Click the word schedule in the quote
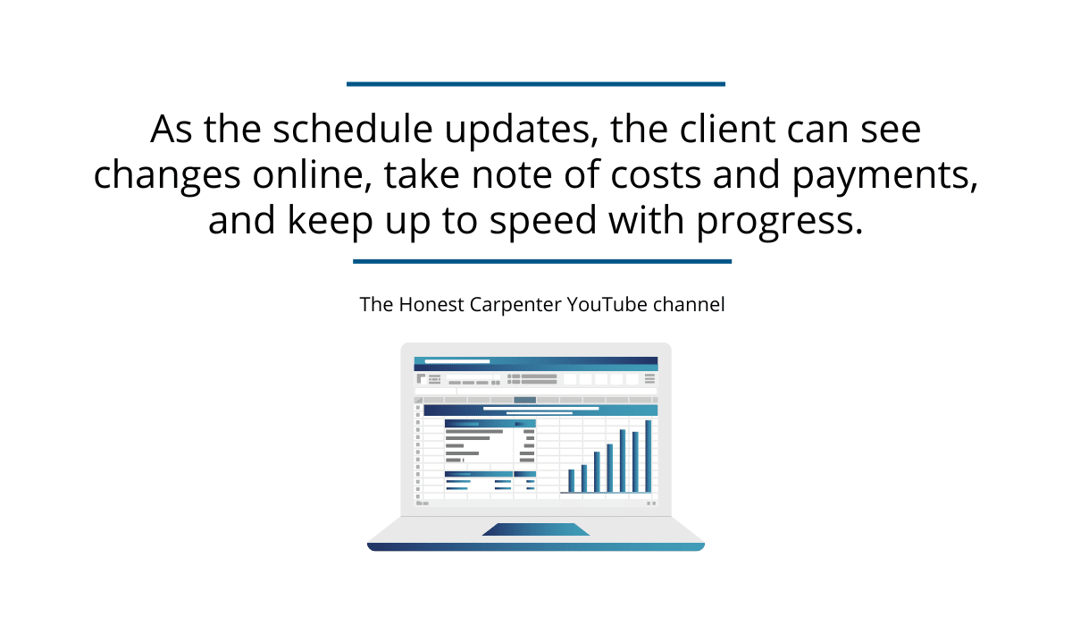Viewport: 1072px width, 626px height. point(353,129)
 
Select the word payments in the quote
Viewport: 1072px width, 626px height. point(885,176)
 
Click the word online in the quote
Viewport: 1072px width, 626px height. point(312,174)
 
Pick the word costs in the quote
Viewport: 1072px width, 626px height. point(656,175)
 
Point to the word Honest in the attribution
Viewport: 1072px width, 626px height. point(431,305)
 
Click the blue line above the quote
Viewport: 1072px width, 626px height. point(536,84)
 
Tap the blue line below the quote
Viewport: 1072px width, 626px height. point(542,261)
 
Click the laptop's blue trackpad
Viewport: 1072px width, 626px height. point(535,529)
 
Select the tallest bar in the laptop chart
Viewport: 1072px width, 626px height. point(648,456)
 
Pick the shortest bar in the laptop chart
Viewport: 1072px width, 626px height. point(571,481)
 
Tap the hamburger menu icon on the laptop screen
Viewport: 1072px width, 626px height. point(649,379)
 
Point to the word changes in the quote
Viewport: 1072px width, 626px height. point(167,176)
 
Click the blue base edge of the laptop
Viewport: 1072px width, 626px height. point(535,547)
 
